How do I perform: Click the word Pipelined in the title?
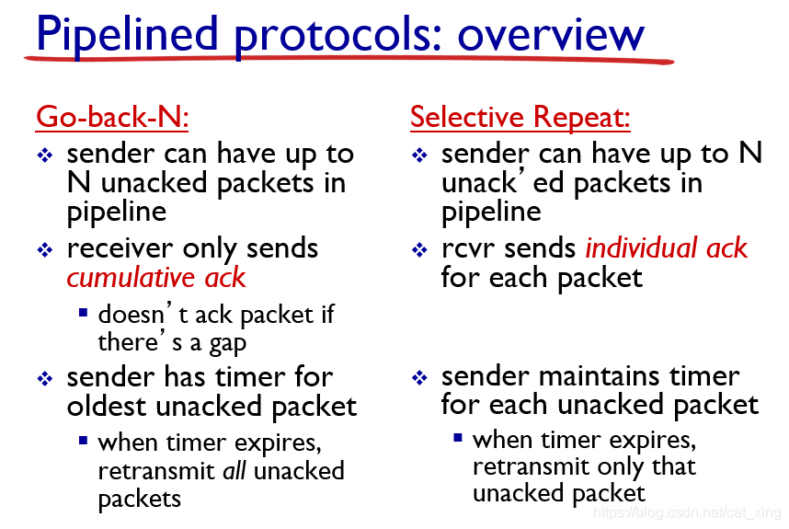click(127, 35)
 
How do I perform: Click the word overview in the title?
click(551, 35)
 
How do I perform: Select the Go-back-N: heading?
click(112, 117)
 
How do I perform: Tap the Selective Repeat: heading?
click(520, 117)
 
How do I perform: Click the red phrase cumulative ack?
click(156, 277)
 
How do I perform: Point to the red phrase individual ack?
click(667, 247)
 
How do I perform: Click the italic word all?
click(234, 471)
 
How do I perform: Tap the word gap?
click(228, 344)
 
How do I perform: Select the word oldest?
click(108, 406)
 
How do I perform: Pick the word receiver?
click(120, 248)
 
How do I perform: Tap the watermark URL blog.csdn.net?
click(680, 512)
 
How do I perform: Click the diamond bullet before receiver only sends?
click(45, 249)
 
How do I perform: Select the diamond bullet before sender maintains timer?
click(419, 377)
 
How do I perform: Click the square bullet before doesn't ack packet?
click(84, 313)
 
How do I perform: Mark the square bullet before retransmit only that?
click(457, 437)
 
